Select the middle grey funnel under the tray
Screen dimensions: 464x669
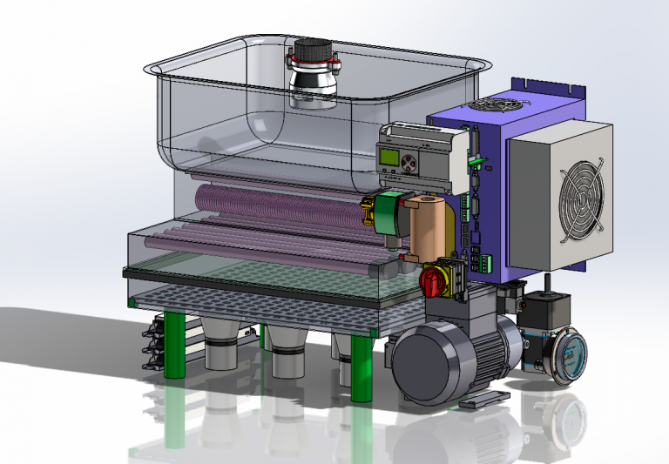[287, 350]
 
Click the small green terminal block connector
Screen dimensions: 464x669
[485, 259]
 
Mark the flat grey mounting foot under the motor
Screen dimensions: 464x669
[484, 400]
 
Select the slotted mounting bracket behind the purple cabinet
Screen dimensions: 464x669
[549, 85]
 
